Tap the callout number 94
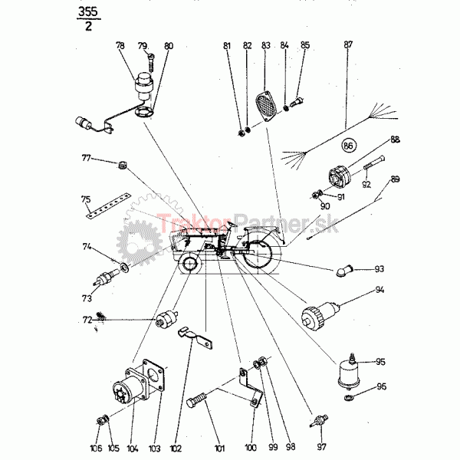pyautogui.click(x=379, y=291)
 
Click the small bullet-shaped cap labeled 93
pyautogui.click(x=343, y=271)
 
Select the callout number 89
pyautogui.click(x=395, y=179)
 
